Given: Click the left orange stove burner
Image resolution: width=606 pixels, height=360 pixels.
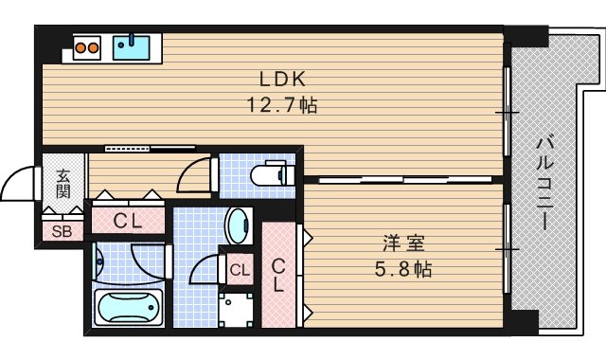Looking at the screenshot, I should pyautogui.click(x=80, y=45).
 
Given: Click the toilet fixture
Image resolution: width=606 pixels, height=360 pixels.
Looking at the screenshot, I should pyautogui.click(x=273, y=174).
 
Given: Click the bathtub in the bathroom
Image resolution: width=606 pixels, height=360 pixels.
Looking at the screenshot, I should pyautogui.click(x=130, y=309).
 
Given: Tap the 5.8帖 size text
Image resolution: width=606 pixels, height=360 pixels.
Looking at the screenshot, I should pyautogui.click(x=401, y=269).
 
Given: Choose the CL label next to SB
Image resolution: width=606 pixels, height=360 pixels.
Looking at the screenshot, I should pyautogui.click(x=128, y=222).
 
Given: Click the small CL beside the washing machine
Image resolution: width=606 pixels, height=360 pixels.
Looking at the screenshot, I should pyautogui.click(x=239, y=269).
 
